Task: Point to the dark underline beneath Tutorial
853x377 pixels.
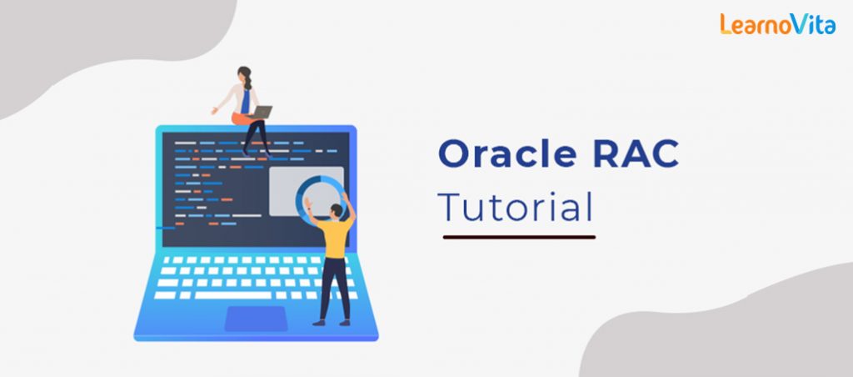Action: (518, 237)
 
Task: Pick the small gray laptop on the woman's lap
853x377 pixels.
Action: (262, 112)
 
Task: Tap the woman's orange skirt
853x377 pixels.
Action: (243, 118)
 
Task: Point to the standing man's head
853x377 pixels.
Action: (336, 209)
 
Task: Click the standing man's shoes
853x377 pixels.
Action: (330, 322)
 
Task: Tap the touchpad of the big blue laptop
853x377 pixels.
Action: (255, 318)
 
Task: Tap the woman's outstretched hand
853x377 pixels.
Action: (215, 110)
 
